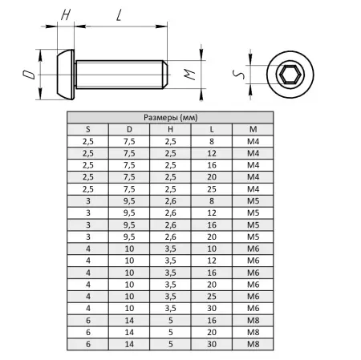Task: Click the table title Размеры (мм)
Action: pos(170,117)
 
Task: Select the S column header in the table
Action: pos(88,129)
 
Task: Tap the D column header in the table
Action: pos(129,129)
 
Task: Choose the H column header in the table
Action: pos(170,129)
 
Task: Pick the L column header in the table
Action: pos(212,129)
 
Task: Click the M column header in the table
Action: pos(253,129)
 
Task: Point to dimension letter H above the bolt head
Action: pos(66,14)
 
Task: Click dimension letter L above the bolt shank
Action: pos(120,15)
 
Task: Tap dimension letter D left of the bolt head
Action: pos(29,75)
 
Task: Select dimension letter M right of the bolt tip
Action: pos(189,75)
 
